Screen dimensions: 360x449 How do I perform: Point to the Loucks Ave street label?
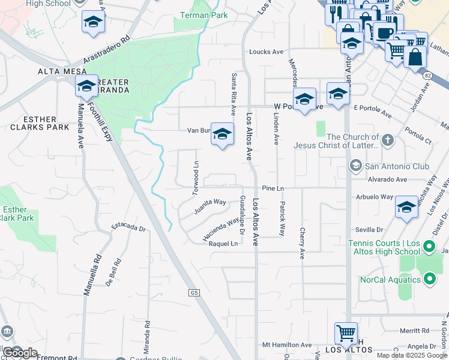266,52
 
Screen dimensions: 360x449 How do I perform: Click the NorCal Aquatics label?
391,280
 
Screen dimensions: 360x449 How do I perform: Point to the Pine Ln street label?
273,188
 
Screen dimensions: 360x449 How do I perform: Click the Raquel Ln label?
223,244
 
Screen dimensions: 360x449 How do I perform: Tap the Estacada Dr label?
129,228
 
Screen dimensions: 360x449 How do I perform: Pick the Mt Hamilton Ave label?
288,345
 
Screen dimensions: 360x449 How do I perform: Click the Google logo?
20,352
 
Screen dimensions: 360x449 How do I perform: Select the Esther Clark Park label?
17,214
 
